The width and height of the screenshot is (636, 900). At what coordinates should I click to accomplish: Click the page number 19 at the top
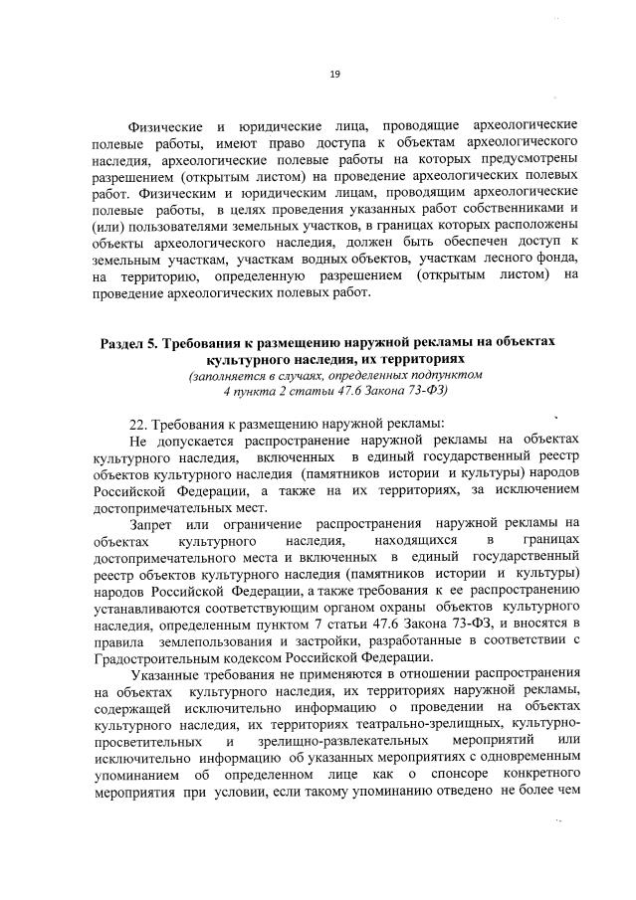(334, 72)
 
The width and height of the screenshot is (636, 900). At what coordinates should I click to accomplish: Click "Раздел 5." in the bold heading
(136, 341)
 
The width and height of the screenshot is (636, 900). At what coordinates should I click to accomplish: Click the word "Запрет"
(154, 522)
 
